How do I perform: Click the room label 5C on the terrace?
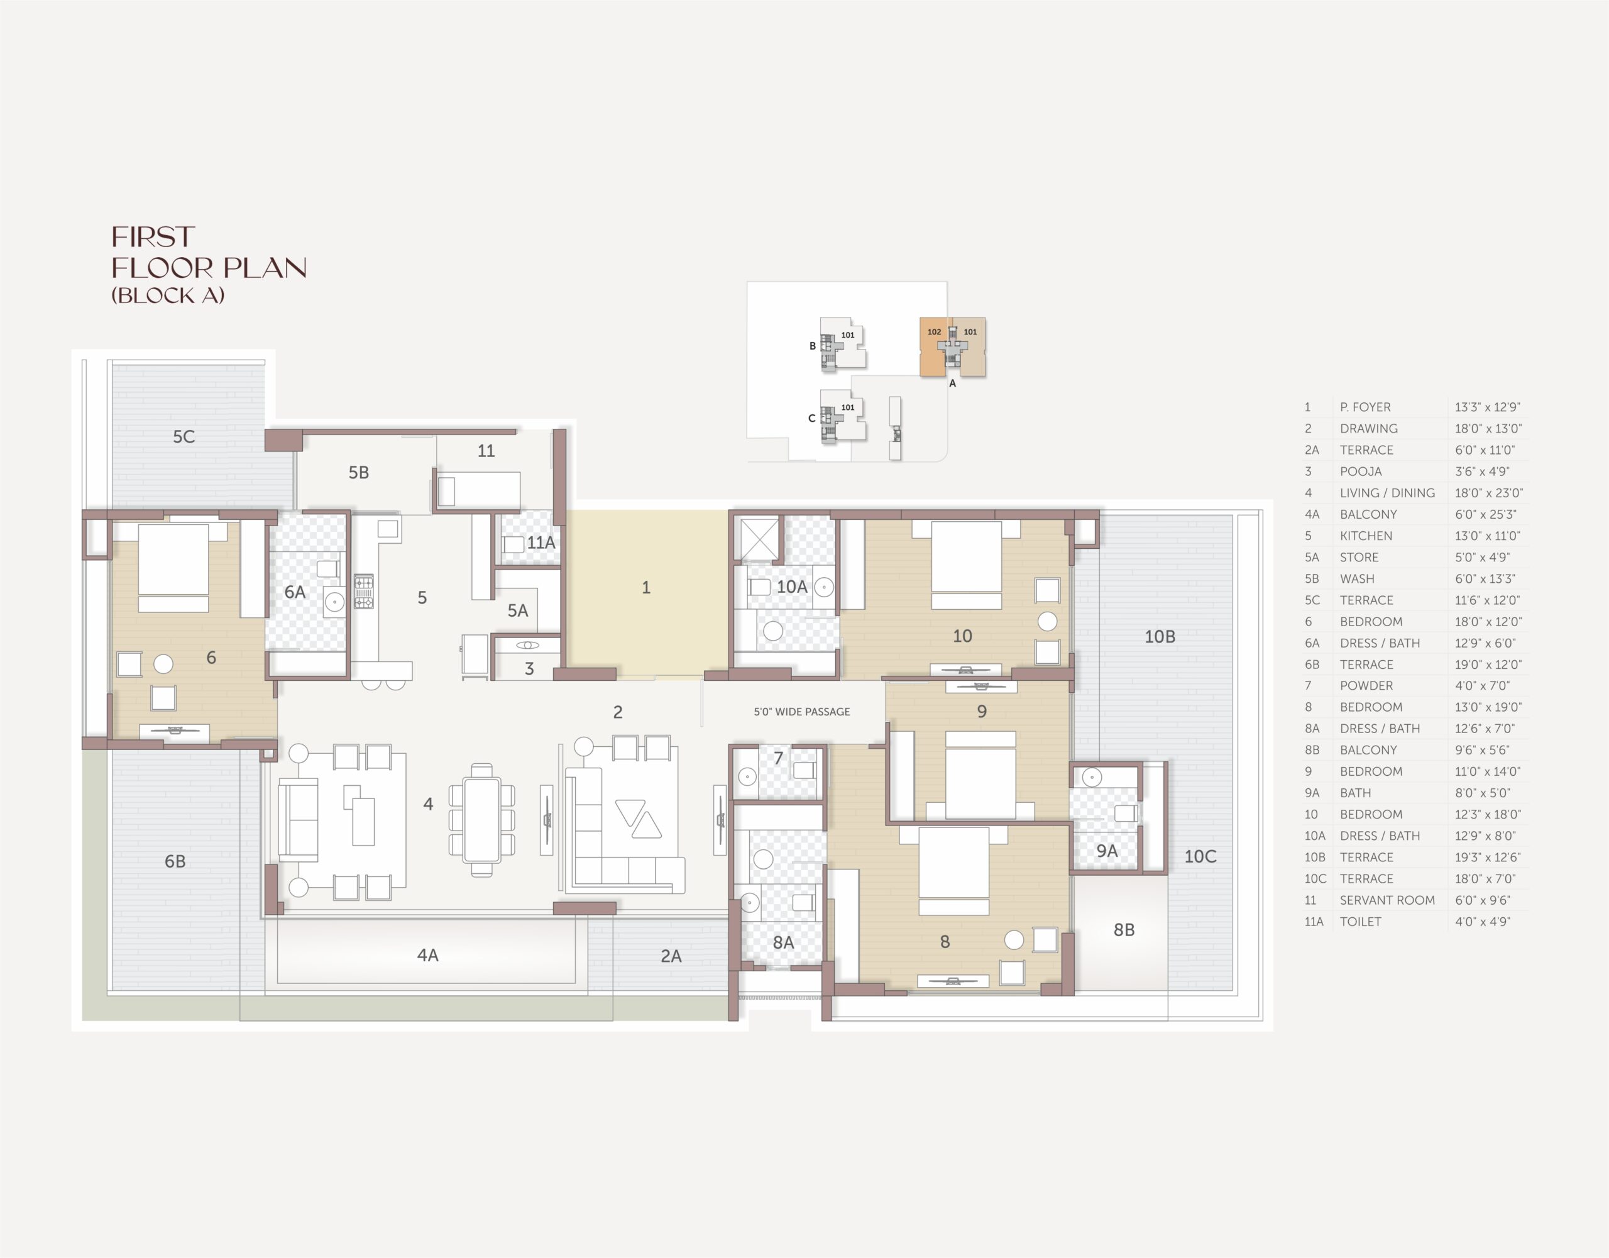click(184, 436)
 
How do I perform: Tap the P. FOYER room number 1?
click(646, 587)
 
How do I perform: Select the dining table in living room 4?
click(482, 820)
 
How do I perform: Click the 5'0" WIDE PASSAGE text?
click(801, 711)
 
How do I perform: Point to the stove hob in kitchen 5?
click(363, 592)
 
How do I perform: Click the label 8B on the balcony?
click(1124, 930)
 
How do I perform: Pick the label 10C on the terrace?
click(1200, 856)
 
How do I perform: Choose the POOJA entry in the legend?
click(1361, 471)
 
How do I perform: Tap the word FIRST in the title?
click(153, 237)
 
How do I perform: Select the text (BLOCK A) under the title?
click(168, 295)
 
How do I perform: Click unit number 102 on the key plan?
click(934, 332)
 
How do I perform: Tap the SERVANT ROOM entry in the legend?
click(1387, 900)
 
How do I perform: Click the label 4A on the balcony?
click(428, 955)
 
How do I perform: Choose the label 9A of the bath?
click(1107, 851)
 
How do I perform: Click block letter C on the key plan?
click(812, 418)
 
